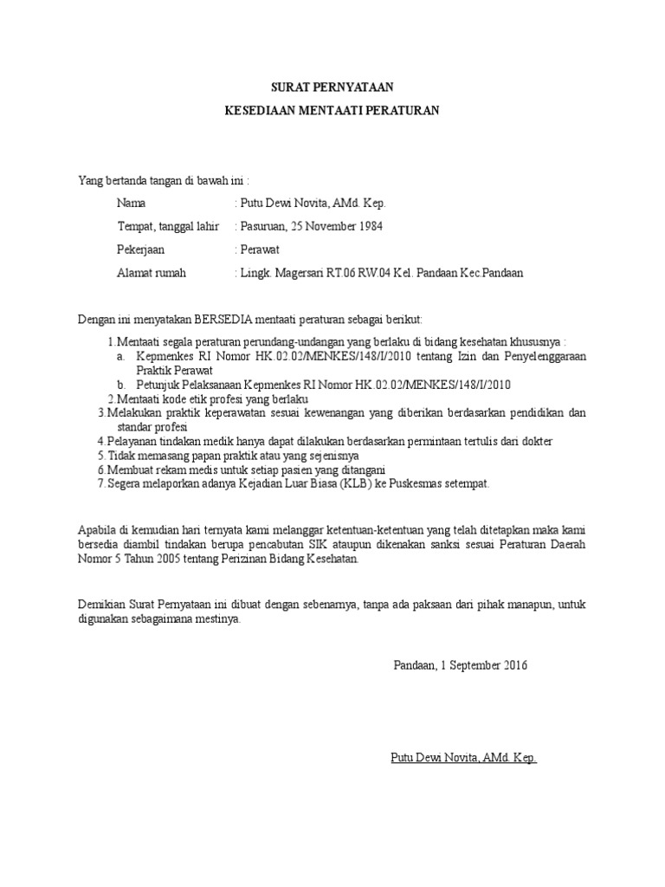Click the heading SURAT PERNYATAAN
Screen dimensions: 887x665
point(332,87)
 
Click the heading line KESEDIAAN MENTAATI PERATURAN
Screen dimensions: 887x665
point(332,111)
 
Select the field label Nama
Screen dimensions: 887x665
point(132,203)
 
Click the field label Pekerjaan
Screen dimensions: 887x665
point(141,249)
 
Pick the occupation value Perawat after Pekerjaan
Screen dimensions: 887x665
point(262,249)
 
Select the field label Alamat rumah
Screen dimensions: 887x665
point(152,273)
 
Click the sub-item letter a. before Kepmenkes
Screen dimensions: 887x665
point(119,356)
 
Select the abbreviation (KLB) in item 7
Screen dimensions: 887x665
point(344,483)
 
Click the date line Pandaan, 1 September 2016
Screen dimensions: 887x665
point(460,665)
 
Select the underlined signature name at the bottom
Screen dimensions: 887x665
point(464,758)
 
